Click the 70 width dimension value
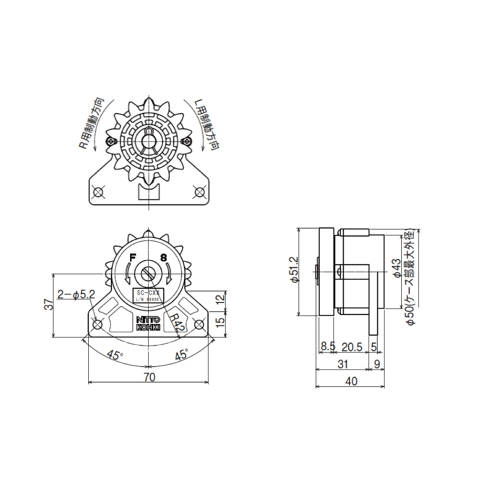click(149, 377)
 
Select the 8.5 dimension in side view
click(327, 347)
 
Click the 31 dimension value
click(342, 364)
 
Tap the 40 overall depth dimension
click(351, 382)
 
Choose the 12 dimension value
click(220, 298)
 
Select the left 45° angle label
click(114, 355)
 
